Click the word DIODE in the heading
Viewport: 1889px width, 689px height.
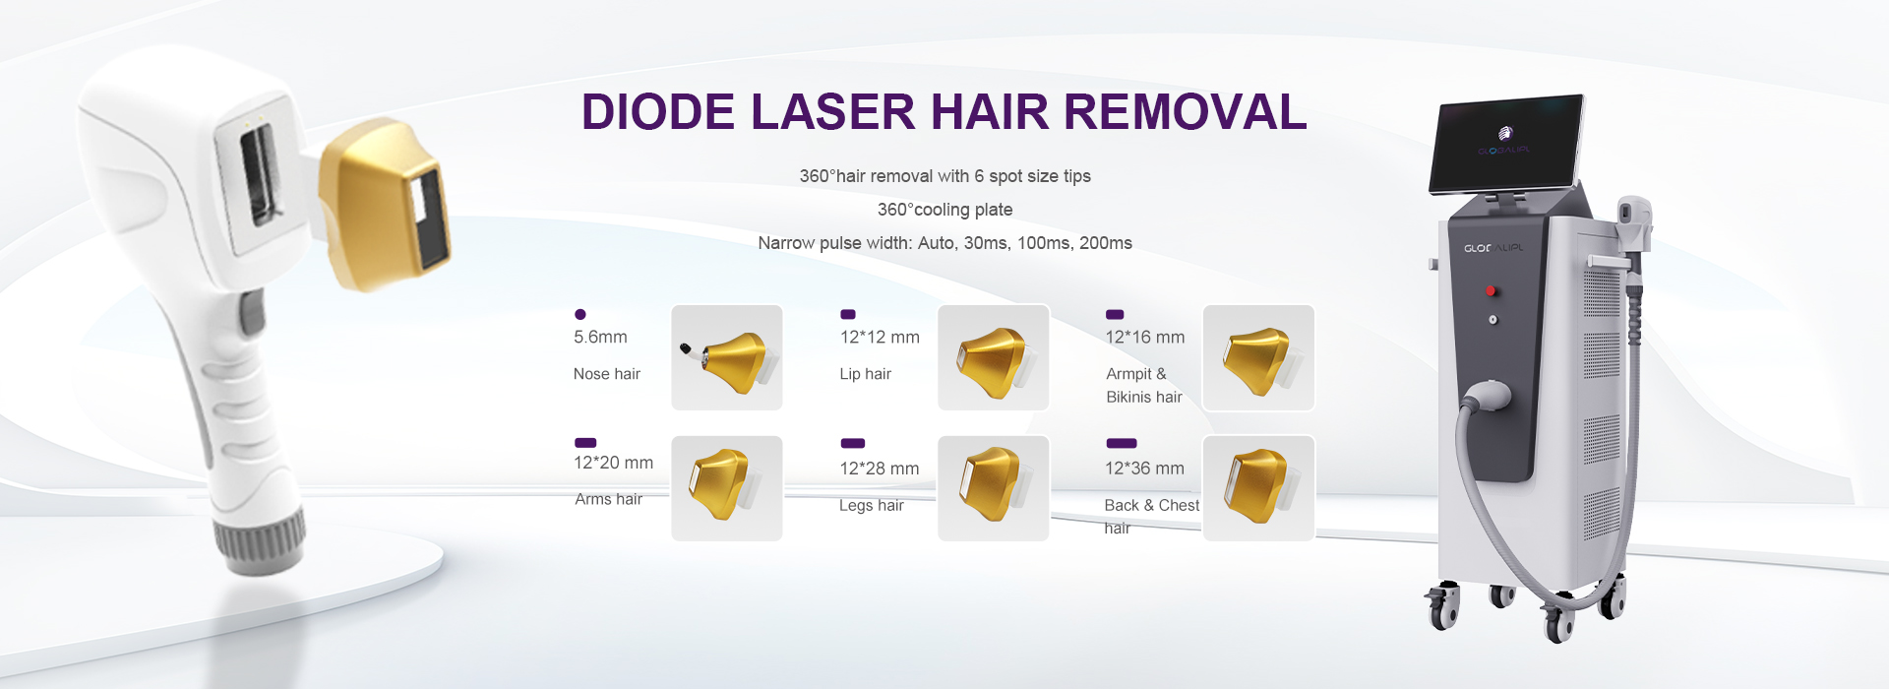tap(657, 112)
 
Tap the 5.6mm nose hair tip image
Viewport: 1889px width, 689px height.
tap(726, 357)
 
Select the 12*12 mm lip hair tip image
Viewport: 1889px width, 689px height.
tap(993, 357)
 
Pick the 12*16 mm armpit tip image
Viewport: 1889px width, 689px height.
tap(1258, 357)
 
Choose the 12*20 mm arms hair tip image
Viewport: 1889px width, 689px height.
tap(726, 487)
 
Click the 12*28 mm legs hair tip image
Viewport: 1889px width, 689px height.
tap(993, 487)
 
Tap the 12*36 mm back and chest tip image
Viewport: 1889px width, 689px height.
tap(1258, 487)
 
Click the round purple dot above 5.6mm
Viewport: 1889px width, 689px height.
tap(580, 314)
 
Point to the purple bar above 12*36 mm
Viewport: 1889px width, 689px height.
tap(1122, 443)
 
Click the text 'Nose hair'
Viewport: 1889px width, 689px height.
tap(606, 374)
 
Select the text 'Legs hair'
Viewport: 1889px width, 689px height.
tap(871, 505)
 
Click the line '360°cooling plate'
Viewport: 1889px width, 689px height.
tap(944, 210)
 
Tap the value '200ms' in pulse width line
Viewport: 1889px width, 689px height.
tap(1105, 243)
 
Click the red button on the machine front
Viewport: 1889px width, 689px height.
tap(1491, 290)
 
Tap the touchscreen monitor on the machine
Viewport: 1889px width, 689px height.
tap(1506, 144)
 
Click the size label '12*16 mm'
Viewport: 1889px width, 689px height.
tap(1144, 338)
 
